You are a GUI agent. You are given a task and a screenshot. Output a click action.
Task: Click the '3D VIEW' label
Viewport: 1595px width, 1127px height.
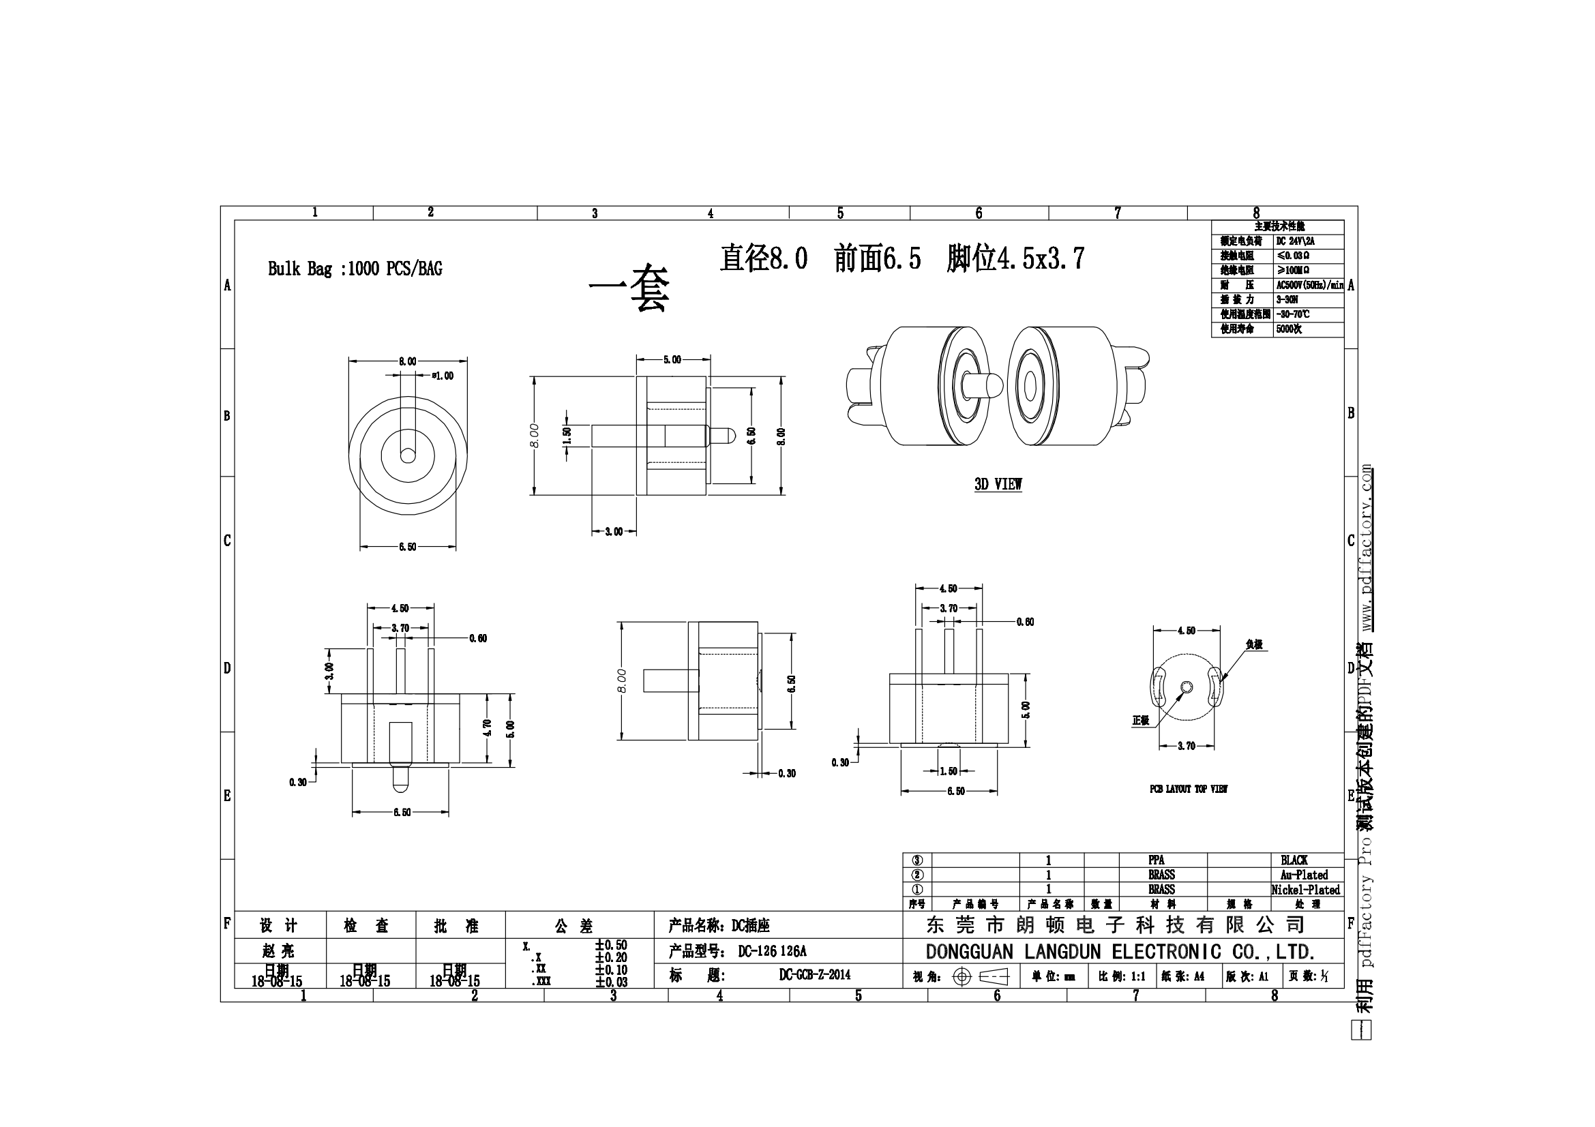tap(998, 485)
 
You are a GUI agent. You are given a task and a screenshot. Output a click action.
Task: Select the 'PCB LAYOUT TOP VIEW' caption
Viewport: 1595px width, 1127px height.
tap(1188, 789)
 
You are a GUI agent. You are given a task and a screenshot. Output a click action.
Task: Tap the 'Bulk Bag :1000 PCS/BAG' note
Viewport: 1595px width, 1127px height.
tap(355, 269)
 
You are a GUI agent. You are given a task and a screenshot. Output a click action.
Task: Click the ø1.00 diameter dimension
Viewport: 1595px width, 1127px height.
tap(442, 376)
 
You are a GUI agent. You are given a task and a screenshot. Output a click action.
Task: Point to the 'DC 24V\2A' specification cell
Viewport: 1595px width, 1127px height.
tap(1295, 241)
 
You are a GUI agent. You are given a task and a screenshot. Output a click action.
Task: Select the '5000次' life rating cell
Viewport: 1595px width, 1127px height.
tap(1289, 329)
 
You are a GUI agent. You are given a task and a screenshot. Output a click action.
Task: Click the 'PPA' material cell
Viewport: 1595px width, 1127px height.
tap(1156, 860)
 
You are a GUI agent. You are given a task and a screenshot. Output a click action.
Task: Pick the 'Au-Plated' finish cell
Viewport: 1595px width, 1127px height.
tap(1304, 875)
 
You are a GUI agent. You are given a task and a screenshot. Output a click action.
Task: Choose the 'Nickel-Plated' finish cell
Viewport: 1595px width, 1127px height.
tap(1305, 890)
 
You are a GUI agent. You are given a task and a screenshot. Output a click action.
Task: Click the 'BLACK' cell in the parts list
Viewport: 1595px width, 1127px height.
tap(1294, 860)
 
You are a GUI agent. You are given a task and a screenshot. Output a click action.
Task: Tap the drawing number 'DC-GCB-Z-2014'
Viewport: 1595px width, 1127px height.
tap(814, 975)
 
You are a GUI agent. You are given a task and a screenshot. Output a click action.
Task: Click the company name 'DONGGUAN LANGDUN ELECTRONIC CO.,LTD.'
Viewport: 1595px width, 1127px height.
tap(1120, 952)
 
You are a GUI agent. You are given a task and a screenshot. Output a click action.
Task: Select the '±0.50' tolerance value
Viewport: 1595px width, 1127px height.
tap(610, 945)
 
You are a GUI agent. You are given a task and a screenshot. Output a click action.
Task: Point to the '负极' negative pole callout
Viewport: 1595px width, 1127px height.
tap(1254, 644)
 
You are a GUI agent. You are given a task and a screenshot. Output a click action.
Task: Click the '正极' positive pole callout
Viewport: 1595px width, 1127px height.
tap(1141, 721)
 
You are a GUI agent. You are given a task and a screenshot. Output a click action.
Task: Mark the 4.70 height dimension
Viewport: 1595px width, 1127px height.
tap(487, 727)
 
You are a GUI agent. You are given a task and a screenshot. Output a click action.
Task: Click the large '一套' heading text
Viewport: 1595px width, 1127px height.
tap(629, 288)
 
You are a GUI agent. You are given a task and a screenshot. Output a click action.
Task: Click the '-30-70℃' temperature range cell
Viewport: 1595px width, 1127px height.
tap(1293, 314)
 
